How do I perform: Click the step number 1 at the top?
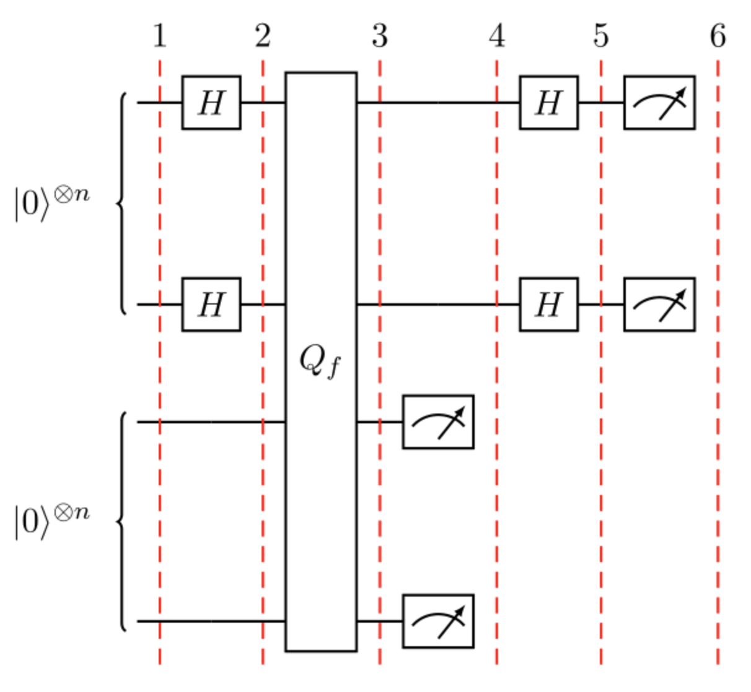pos(160,37)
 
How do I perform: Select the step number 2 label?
pos(263,37)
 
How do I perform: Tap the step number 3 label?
pos(380,37)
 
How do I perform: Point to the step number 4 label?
pos(496,37)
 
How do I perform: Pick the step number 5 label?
pos(600,37)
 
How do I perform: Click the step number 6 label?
pos(718,37)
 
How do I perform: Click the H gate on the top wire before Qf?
pos(211,103)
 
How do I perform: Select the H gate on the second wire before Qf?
pos(211,305)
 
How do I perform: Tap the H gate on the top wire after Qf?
pos(548,103)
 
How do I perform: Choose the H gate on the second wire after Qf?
pos(548,305)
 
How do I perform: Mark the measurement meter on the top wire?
pos(659,103)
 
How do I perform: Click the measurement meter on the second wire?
pos(659,305)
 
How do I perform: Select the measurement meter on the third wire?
pos(438,422)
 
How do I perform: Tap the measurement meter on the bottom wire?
pos(438,621)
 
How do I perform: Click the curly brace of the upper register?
pos(121,204)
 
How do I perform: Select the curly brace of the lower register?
pos(121,522)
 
